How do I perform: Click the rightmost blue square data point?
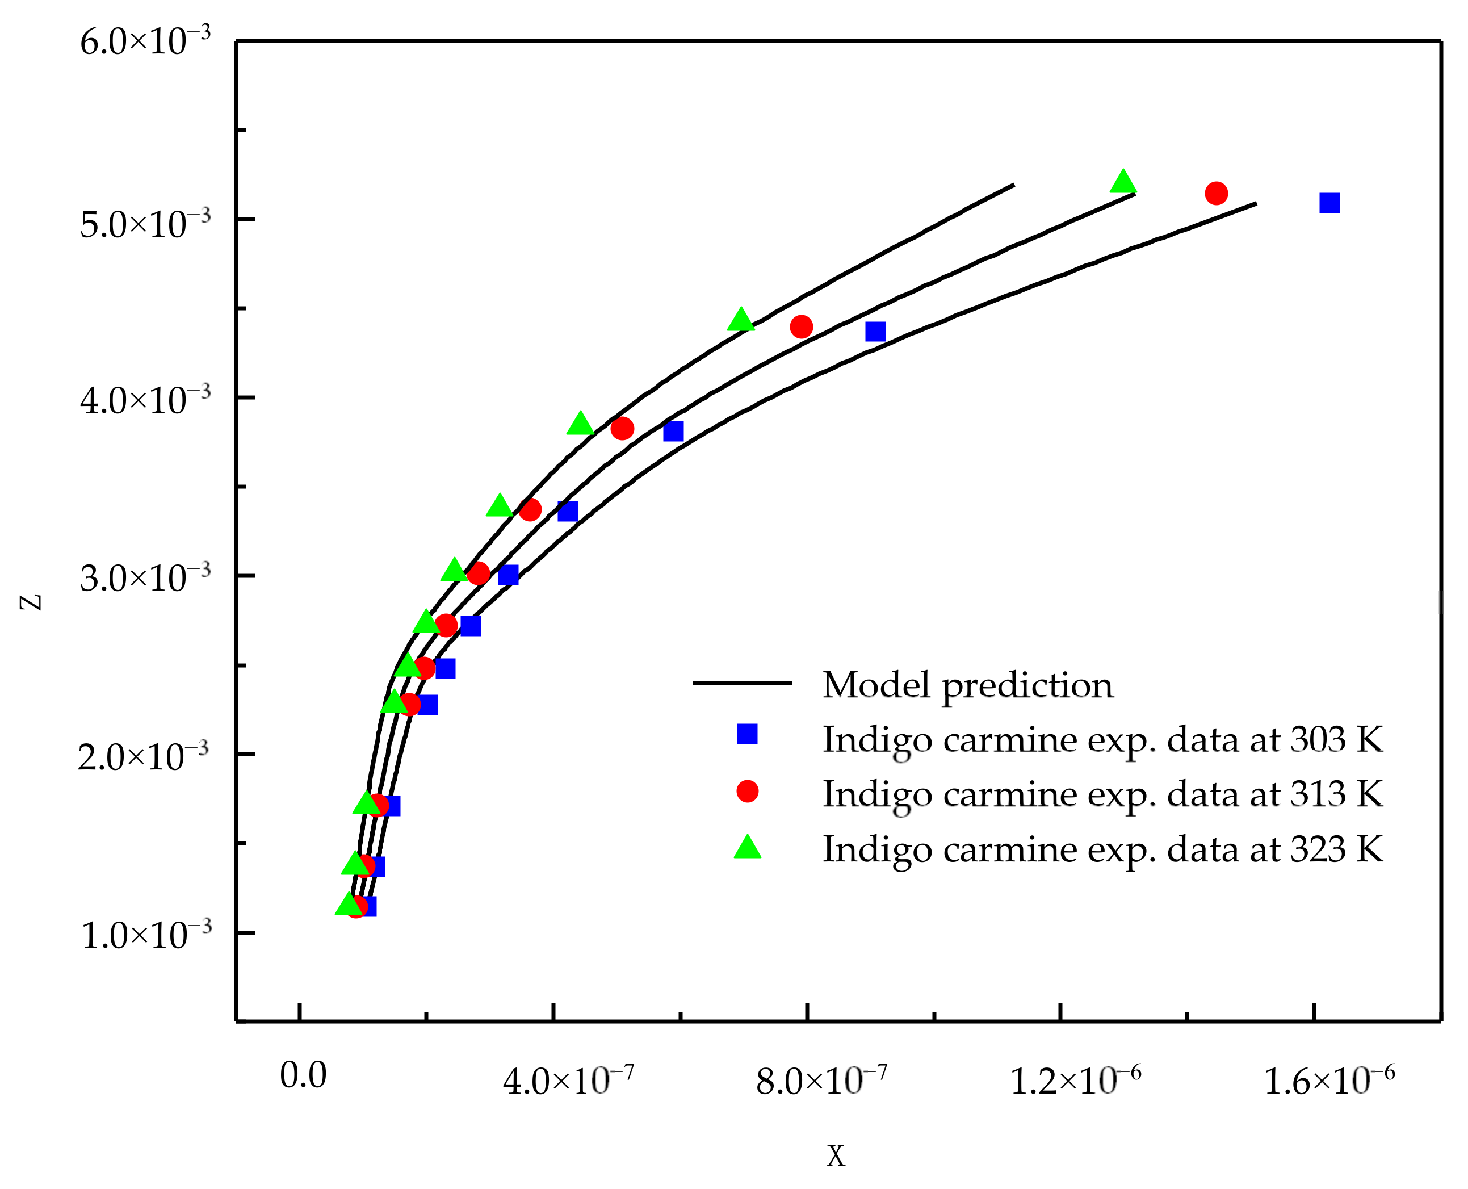[x=1329, y=203]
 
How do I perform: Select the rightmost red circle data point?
[x=1216, y=194]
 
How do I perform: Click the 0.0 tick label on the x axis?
[x=303, y=1075]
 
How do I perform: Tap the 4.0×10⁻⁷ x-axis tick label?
[x=568, y=1080]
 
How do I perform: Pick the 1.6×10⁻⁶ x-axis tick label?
[x=1329, y=1080]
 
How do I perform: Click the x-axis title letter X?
[x=836, y=1157]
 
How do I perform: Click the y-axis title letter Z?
[x=31, y=602]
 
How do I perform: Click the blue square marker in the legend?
[x=747, y=734]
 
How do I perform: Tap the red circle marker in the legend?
[x=747, y=792]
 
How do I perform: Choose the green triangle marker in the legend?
[x=747, y=848]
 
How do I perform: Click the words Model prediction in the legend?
[x=967, y=685]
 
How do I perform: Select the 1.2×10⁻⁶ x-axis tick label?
[x=1076, y=1080]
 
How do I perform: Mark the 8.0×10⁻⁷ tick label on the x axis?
[x=821, y=1080]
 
